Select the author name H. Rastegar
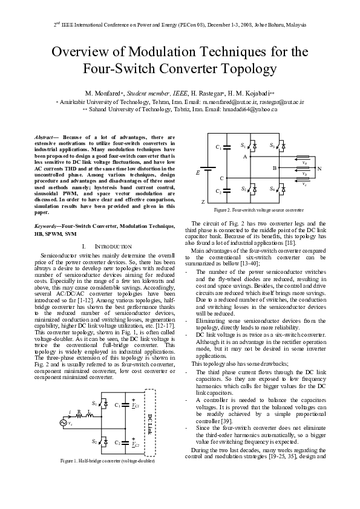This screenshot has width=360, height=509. [x=208, y=94]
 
